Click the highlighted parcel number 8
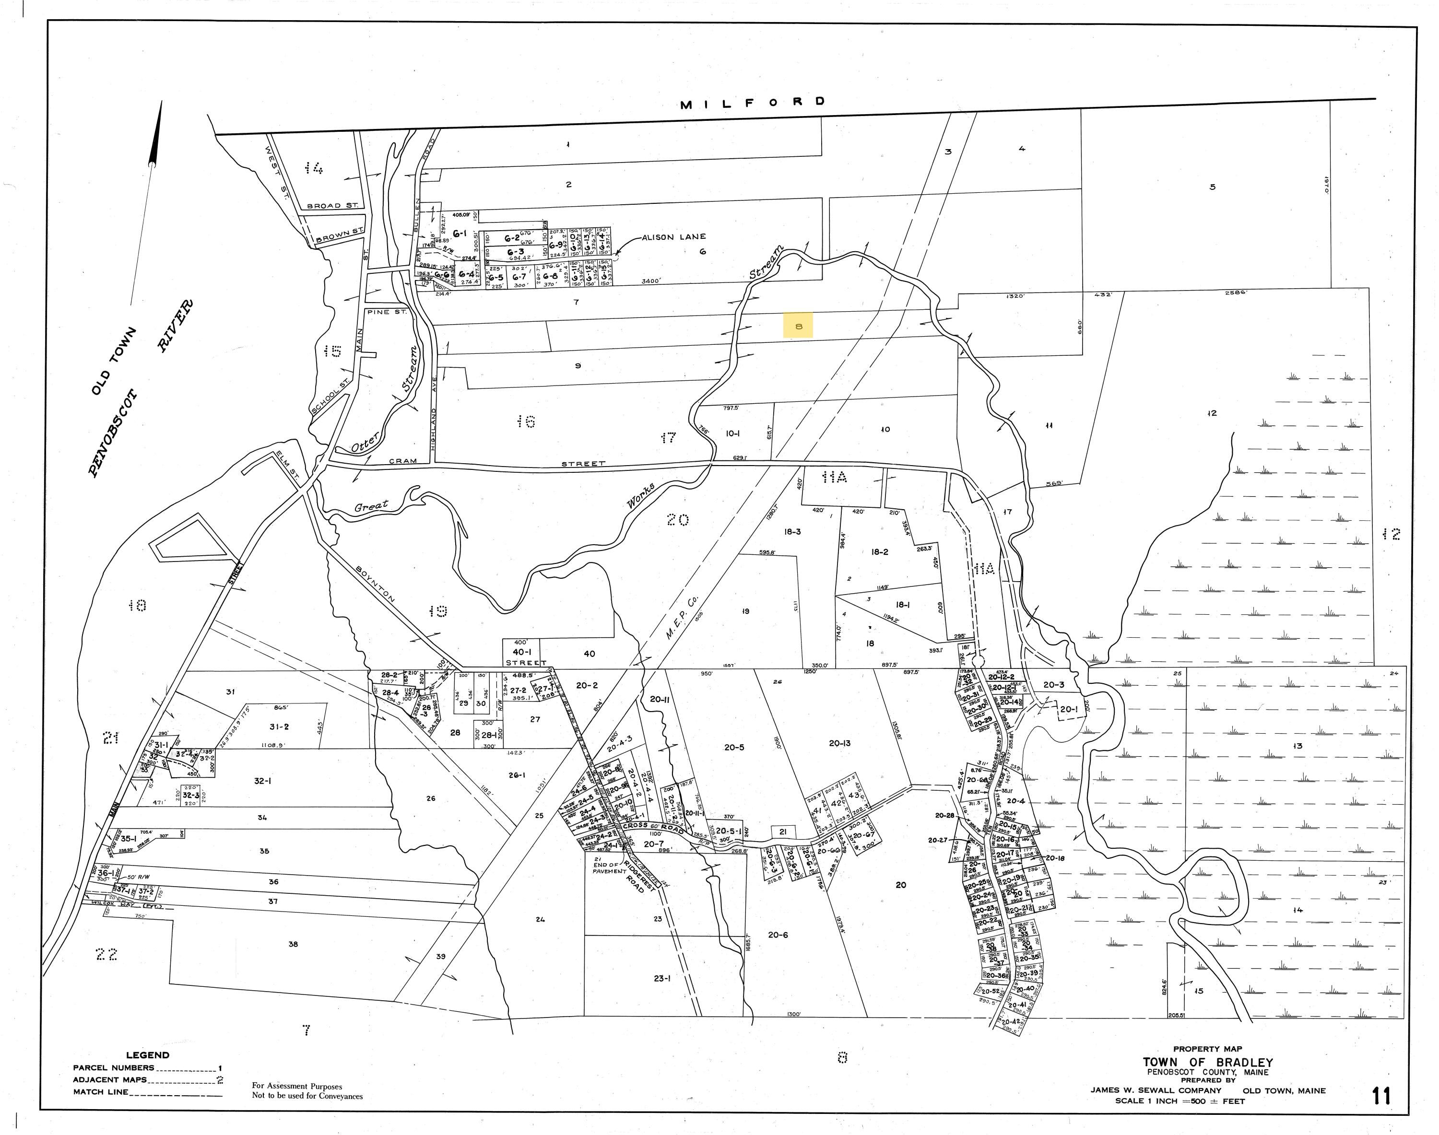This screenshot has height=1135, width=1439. pos(798,326)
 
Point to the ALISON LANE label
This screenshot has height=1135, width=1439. pos(673,236)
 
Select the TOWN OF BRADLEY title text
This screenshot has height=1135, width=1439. pos(1208,1063)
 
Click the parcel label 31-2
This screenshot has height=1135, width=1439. pos(279,726)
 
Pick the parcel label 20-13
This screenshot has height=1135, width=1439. pos(839,744)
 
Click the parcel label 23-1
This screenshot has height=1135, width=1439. pos(661,978)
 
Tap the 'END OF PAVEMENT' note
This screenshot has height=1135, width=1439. pos(610,866)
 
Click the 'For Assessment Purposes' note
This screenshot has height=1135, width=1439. pos(297,1086)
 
